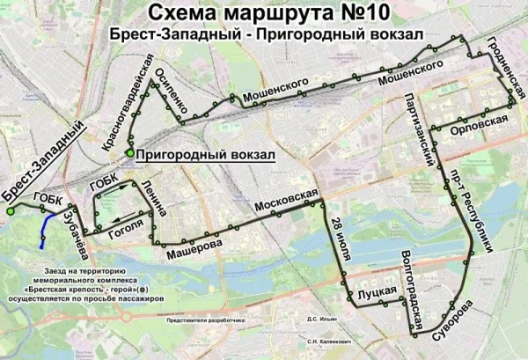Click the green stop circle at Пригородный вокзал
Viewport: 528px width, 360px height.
click(129, 153)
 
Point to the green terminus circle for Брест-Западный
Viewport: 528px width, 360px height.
click(10, 211)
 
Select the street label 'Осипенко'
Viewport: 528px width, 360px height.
click(173, 92)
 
